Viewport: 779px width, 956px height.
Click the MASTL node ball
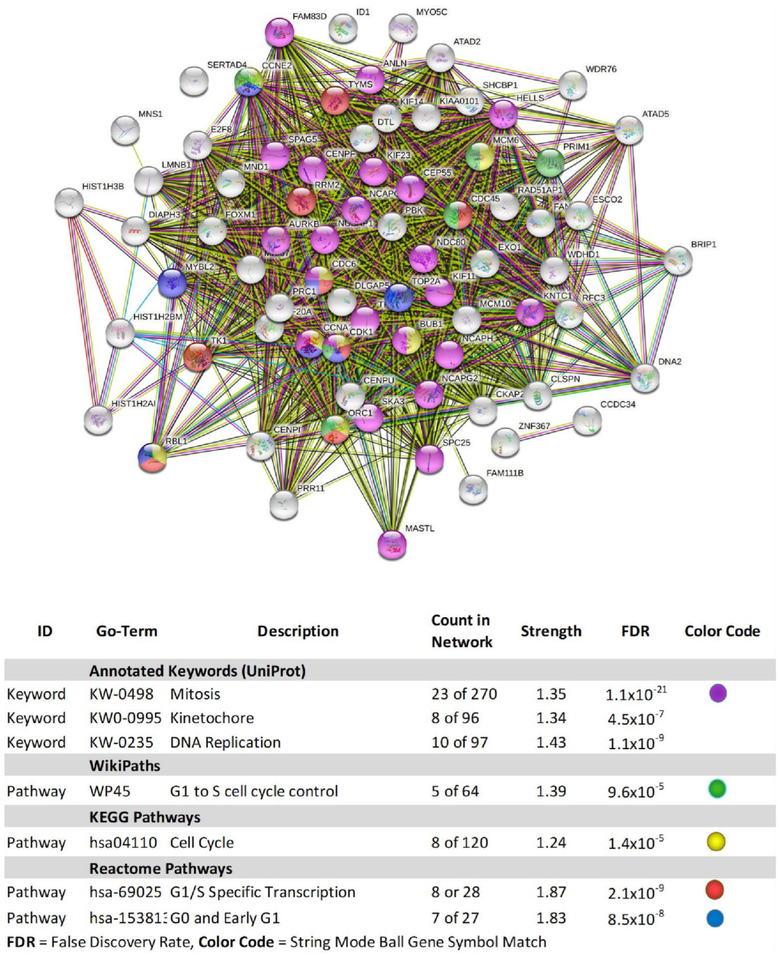392,545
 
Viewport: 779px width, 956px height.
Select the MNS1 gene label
150,114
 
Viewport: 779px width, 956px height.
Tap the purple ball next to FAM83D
280,32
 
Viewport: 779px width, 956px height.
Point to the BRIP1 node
678,261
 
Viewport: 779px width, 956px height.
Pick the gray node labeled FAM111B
473,489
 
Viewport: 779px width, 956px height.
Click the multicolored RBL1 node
153,458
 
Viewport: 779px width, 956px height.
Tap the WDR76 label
601,69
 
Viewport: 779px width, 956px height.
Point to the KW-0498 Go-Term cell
121,694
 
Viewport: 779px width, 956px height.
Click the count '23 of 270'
464,694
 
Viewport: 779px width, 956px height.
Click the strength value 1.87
551,892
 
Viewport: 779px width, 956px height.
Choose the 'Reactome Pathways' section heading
161,869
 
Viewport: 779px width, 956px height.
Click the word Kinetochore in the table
212,718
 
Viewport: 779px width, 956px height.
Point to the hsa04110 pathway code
123,842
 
